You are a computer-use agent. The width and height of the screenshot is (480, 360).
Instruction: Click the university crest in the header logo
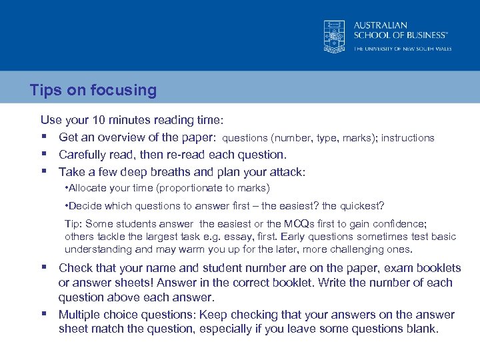334,35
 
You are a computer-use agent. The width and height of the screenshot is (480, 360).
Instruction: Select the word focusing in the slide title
127,91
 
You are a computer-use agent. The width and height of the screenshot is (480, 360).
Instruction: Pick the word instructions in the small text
407,138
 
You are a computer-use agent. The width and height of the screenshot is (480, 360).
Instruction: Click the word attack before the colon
285,172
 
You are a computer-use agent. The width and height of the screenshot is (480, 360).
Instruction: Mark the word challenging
356,249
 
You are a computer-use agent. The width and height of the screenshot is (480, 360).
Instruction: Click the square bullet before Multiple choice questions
44,314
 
